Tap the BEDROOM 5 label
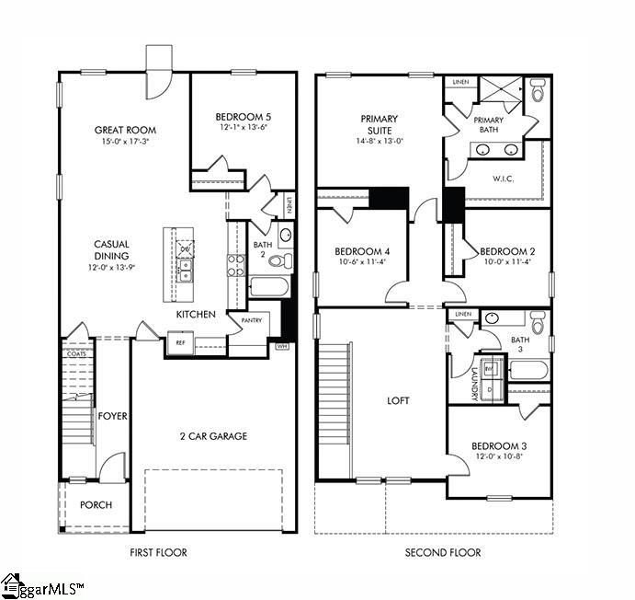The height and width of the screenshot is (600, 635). click(243, 117)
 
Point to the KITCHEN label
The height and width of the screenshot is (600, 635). click(196, 315)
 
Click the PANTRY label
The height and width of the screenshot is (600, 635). click(253, 320)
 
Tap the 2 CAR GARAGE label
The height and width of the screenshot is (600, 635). click(214, 436)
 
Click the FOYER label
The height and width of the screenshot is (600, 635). click(112, 416)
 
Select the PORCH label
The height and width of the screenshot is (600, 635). click(96, 504)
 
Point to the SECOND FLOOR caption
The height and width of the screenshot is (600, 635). click(443, 552)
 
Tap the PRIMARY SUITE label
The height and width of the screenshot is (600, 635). click(379, 125)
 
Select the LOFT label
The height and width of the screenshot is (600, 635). click(398, 401)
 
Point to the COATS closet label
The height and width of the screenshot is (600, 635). click(77, 353)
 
